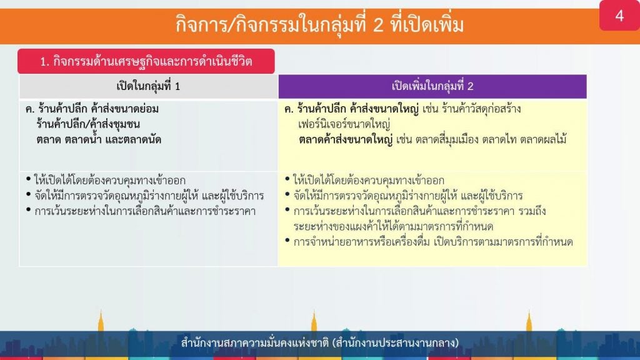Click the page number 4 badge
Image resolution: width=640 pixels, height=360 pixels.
coord(619,15)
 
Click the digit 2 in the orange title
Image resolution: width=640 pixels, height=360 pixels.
coord(378,25)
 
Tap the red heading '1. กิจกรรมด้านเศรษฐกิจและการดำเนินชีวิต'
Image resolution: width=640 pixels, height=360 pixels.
coord(146,61)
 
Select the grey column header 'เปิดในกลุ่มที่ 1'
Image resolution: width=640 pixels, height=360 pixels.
coord(148,86)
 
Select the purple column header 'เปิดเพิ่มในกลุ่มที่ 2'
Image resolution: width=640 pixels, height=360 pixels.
coord(432,86)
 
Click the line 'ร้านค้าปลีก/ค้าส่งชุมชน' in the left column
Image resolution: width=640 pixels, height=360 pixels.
coord(88,124)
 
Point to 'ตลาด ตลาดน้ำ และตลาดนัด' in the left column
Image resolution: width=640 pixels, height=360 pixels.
coord(98,139)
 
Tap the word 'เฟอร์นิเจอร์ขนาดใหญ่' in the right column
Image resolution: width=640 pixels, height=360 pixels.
coord(344,124)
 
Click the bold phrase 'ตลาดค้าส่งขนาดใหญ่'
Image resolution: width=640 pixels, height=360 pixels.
coord(345,139)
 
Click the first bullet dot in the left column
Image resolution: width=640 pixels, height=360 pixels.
coord(28,179)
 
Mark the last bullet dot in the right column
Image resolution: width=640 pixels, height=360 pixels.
coord(287,241)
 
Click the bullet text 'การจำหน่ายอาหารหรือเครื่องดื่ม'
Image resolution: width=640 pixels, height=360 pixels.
coord(362,242)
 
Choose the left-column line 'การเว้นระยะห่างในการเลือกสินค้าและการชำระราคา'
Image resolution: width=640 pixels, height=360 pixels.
coord(145,211)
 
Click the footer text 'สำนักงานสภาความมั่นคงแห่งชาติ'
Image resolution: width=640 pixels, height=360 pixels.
coord(255,342)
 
